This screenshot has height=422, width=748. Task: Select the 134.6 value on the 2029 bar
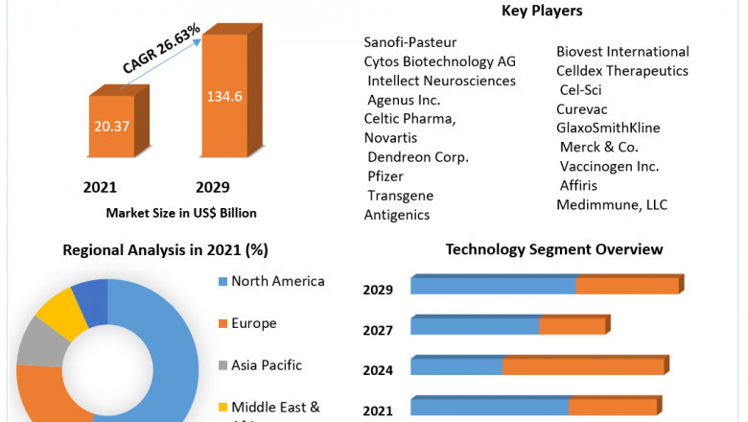click(x=224, y=97)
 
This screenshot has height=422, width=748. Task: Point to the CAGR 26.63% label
click(x=162, y=49)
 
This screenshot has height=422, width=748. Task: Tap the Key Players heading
click(x=542, y=12)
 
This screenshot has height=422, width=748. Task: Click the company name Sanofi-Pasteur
click(x=409, y=42)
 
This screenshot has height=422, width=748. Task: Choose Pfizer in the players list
click(x=386, y=176)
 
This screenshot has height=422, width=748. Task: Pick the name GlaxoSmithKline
click(x=608, y=128)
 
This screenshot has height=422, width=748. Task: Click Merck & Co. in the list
click(x=599, y=147)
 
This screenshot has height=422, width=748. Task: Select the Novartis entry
click(x=389, y=138)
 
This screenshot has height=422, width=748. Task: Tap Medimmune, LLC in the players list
click(x=612, y=204)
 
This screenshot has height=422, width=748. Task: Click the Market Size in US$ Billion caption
click(x=181, y=213)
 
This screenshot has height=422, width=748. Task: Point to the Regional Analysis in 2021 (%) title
click(x=165, y=250)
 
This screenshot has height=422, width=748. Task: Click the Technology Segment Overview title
click(x=554, y=249)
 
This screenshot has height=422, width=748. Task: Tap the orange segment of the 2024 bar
click(x=583, y=366)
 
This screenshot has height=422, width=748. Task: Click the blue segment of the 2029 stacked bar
click(x=493, y=286)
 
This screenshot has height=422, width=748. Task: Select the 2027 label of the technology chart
click(x=378, y=330)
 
